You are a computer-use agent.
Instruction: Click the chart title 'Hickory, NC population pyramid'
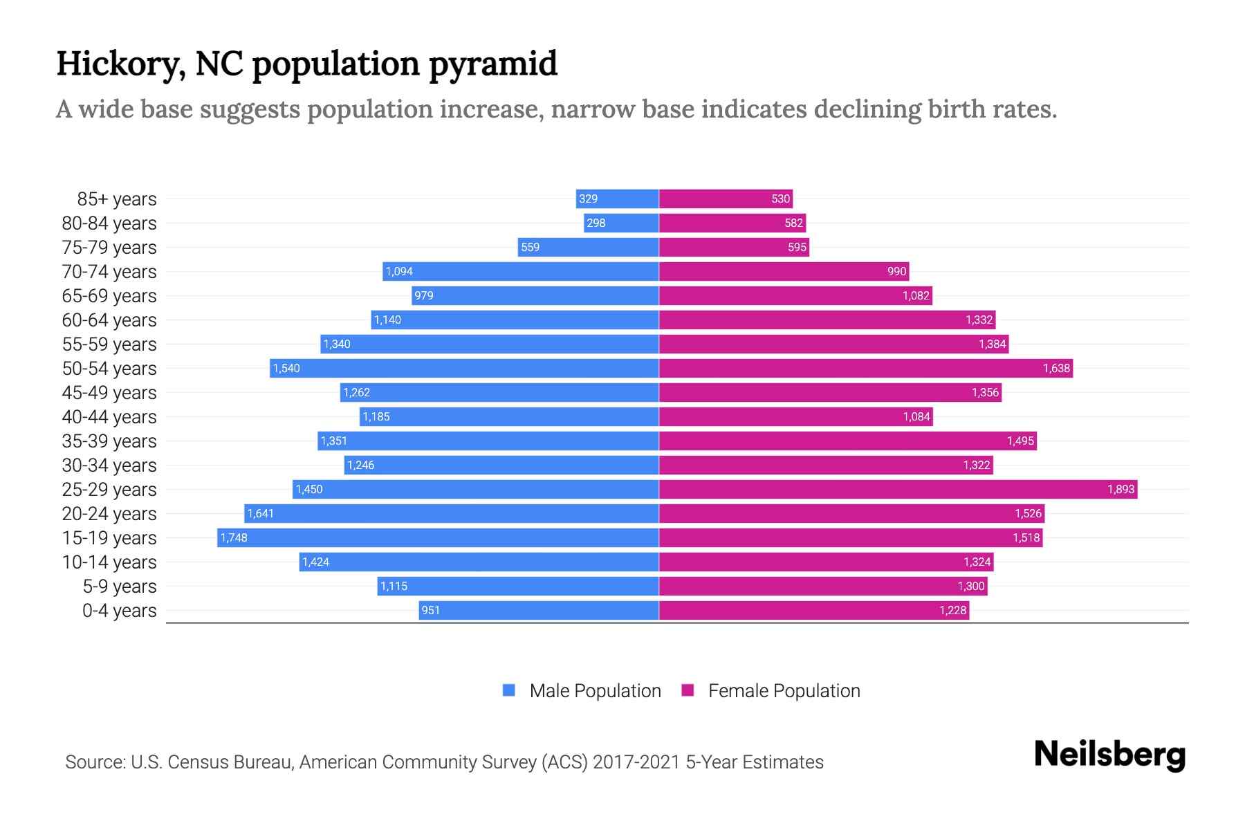(306, 64)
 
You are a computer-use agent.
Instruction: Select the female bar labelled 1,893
(898, 490)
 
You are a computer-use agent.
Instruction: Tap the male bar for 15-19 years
(438, 538)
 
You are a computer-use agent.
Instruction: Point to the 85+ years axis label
(117, 199)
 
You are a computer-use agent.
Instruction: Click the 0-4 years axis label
(119, 611)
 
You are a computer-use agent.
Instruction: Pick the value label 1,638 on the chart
(1056, 369)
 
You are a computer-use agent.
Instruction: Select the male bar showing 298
(621, 223)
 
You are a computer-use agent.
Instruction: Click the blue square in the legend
(509, 690)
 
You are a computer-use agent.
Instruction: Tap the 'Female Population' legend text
(784, 691)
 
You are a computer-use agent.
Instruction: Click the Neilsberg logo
(1109, 755)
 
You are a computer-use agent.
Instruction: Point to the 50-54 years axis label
(109, 369)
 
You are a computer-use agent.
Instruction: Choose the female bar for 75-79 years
(734, 248)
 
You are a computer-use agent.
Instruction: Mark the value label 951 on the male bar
(430, 611)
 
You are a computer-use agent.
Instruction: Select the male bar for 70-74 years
(520, 272)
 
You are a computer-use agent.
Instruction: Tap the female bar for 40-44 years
(795, 417)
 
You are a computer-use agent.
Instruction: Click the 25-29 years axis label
(109, 490)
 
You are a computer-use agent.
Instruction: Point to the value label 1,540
(286, 369)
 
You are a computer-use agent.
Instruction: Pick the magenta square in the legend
(688, 690)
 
